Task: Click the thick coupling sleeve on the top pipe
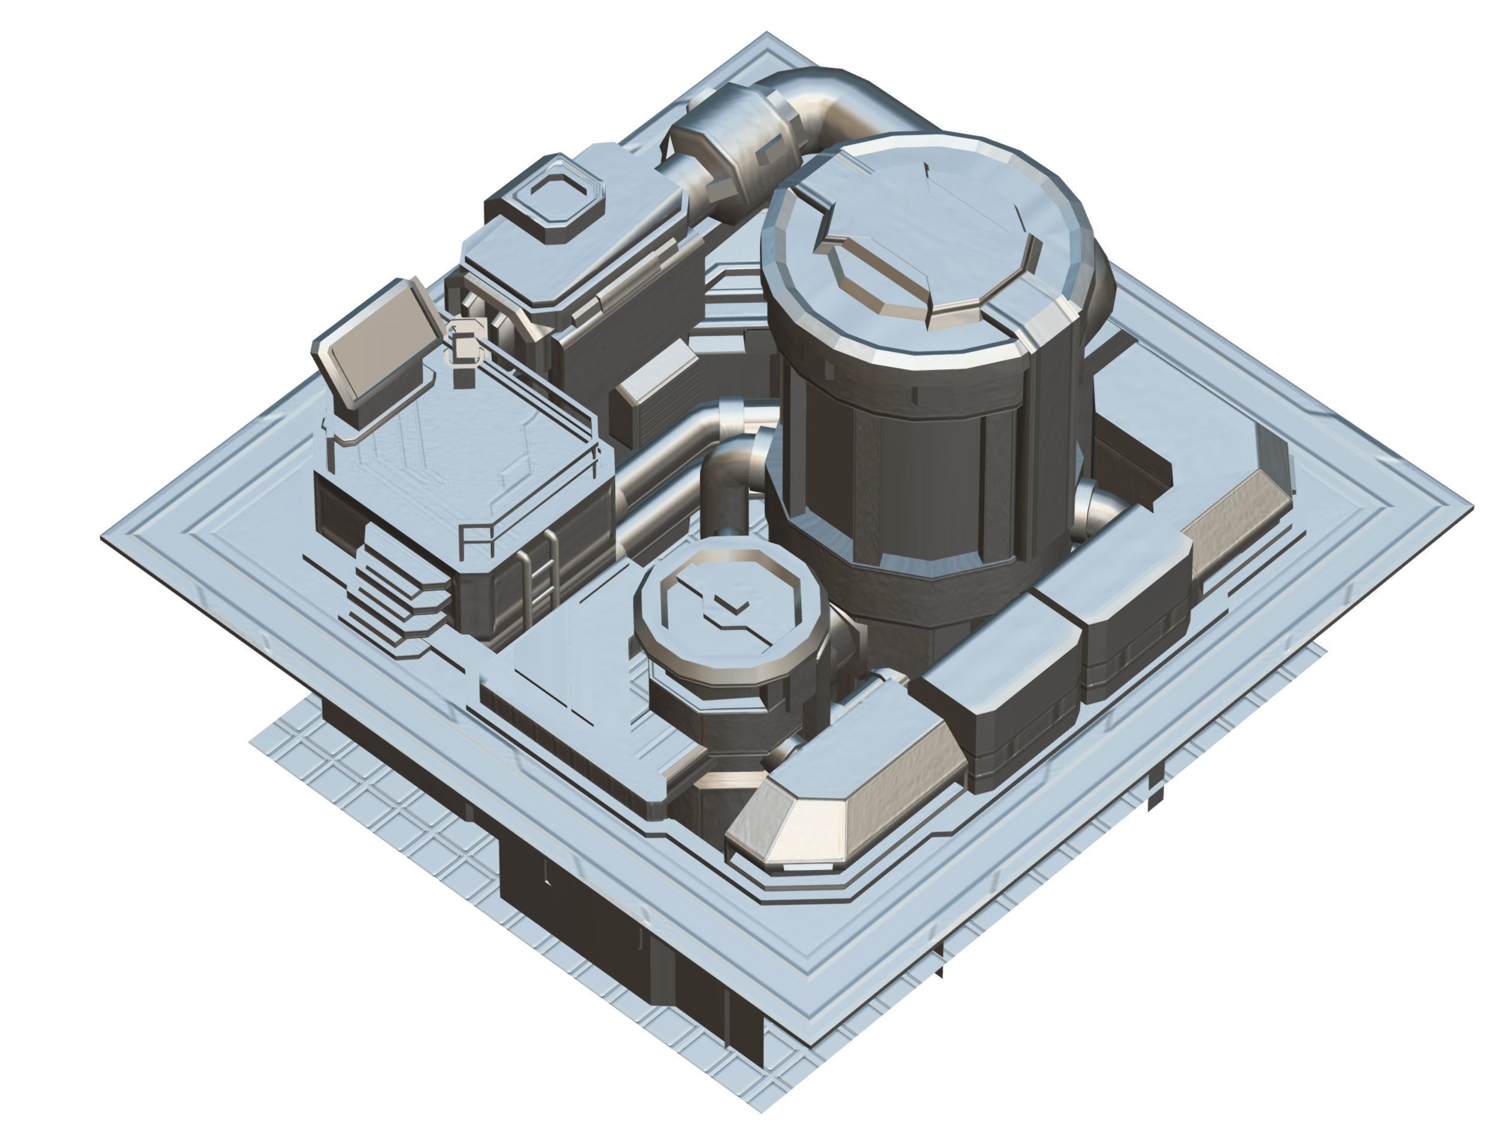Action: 735,152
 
